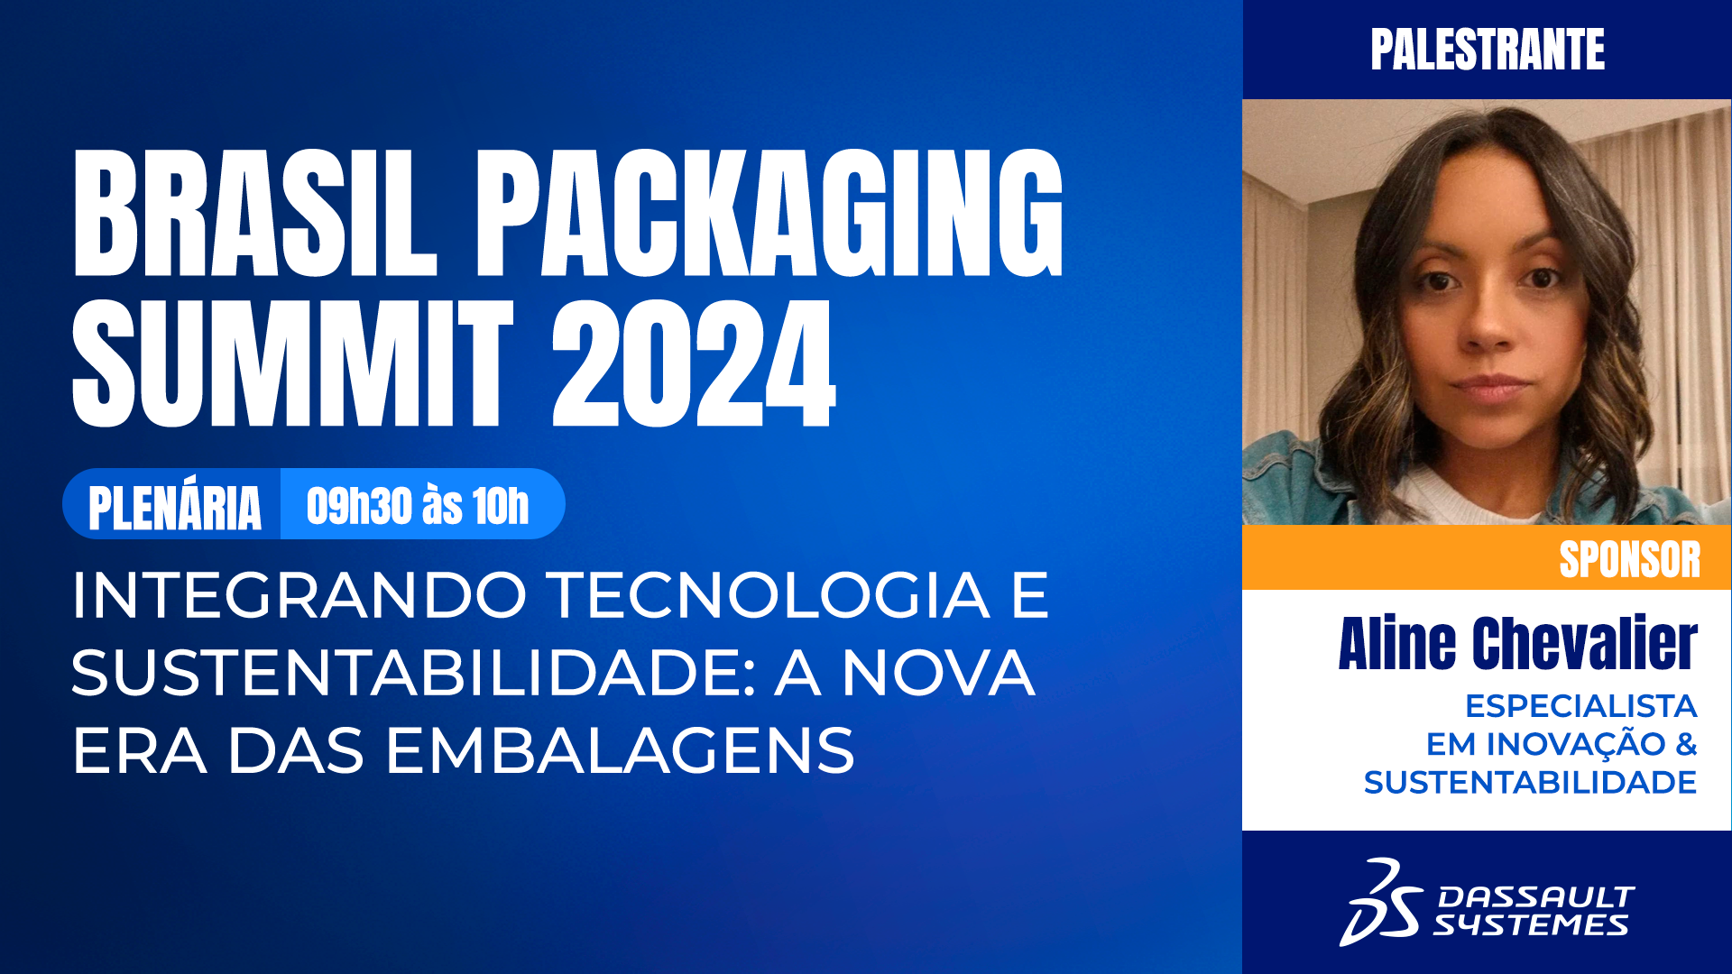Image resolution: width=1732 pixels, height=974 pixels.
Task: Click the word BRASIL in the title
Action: click(x=254, y=213)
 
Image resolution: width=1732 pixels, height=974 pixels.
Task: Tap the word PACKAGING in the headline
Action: click(x=769, y=213)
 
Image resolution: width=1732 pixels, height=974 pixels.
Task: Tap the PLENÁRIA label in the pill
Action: click(x=174, y=507)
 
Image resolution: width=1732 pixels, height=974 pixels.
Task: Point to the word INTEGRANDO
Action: click(x=299, y=595)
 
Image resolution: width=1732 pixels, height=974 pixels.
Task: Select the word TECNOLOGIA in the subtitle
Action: click(x=769, y=595)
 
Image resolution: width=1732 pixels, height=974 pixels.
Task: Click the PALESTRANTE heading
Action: click(x=1488, y=50)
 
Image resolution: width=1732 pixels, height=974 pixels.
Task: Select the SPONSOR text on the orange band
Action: click(x=1629, y=559)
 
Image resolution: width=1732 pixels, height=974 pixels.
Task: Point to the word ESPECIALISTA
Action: click(x=1580, y=705)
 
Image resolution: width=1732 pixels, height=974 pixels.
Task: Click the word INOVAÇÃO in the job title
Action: click(x=1575, y=744)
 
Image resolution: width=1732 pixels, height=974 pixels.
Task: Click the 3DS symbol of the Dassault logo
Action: click(x=1380, y=903)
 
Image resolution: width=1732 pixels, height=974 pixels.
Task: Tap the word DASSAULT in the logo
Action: click(x=1535, y=896)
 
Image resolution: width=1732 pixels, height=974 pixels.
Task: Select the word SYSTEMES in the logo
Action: click(x=1531, y=925)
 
